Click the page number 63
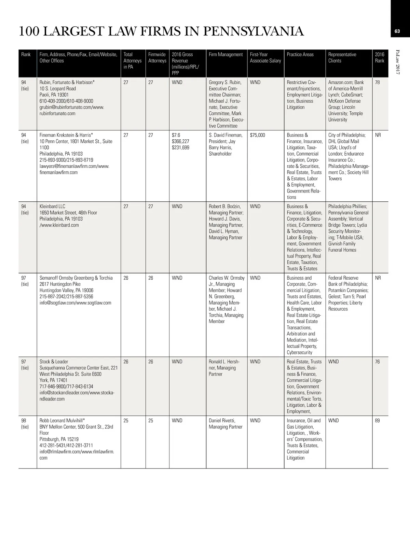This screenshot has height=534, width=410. pos(397,31)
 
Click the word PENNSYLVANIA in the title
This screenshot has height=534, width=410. pos(253,31)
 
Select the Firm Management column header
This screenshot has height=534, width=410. pos(225,55)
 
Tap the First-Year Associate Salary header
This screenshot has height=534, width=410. pos(265,58)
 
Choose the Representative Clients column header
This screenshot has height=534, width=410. pos(342,58)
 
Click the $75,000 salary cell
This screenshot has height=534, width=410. pos(257,135)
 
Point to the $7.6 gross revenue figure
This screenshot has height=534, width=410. pos(176,135)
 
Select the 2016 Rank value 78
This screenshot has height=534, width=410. pos(377,83)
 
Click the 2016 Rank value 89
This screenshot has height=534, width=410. pos(377,421)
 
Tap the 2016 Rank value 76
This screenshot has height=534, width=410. pos(377,362)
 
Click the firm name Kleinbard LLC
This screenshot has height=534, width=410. pos(52,207)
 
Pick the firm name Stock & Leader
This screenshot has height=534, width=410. pos(54,362)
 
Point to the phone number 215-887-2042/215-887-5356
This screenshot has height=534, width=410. pos(66,297)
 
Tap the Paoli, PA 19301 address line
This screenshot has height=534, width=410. pos(54,95)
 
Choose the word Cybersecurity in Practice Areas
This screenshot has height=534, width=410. pos(299,352)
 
